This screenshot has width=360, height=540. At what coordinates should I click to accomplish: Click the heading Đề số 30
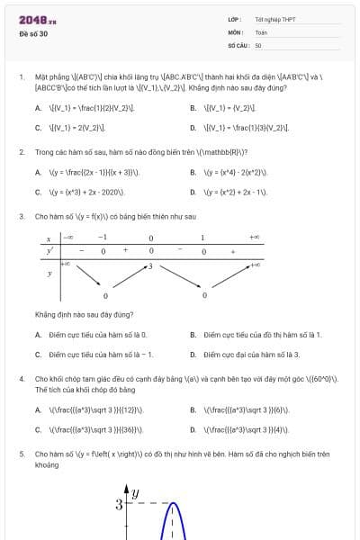click(34, 33)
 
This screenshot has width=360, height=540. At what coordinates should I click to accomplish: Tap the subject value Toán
click(261, 31)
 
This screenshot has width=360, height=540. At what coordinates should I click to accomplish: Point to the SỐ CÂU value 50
click(258, 44)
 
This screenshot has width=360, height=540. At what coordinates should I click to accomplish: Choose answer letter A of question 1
click(38, 108)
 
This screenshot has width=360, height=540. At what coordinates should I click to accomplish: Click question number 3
click(22, 217)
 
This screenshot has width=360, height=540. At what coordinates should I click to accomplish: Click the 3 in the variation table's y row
click(150, 266)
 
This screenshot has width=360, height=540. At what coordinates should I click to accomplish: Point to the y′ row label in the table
click(49, 250)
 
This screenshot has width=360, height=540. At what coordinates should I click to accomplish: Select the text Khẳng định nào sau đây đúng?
click(85, 314)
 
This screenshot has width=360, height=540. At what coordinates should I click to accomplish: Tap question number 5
click(22, 454)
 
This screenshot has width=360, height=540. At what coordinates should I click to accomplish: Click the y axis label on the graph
click(136, 492)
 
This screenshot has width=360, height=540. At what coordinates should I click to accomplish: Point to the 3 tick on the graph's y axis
click(119, 504)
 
